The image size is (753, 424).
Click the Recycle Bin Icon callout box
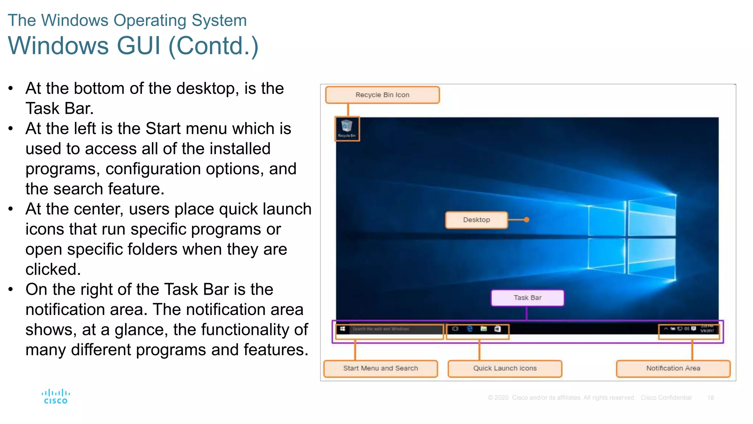click(382, 95)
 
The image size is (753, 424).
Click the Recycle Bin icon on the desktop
click(347, 127)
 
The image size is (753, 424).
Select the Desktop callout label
click(477, 220)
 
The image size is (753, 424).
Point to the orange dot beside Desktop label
click(527, 220)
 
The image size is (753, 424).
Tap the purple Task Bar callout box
click(527, 298)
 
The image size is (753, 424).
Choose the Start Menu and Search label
click(381, 368)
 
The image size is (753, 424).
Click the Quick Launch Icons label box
click(505, 368)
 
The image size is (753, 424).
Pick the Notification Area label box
click(673, 368)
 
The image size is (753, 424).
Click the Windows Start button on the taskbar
click(342, 329)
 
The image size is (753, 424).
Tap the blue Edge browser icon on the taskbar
click(470, 329)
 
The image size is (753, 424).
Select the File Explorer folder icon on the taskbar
click(483, 329)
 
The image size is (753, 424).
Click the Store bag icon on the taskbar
click(497, 329)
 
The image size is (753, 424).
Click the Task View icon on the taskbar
click(455, 329)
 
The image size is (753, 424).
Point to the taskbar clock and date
click(707, 329)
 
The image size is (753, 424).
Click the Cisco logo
click(56, 397)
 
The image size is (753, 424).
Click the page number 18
click(710, 398)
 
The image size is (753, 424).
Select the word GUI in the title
click(139, 46)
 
